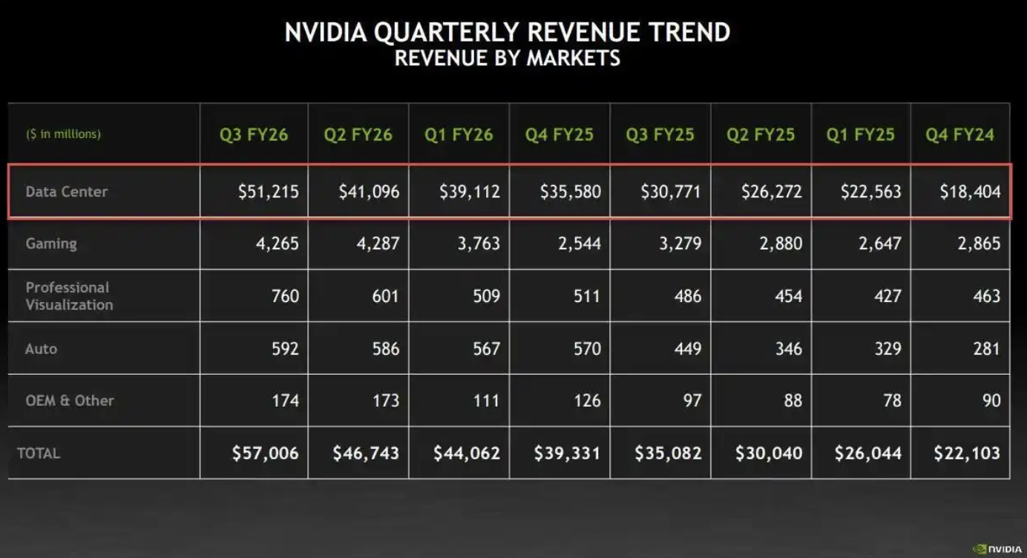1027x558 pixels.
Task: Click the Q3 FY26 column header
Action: pos(254,135)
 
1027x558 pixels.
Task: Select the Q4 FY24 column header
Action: pos(959,135)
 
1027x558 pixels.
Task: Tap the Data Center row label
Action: pos(67,191)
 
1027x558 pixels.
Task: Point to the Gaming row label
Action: pos(51,243)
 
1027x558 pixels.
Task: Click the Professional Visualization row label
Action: pos(69,296)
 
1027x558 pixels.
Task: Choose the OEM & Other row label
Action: pos(70,401)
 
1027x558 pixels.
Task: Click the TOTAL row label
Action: pos(39,453)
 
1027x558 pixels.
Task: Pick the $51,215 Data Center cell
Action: pos(269,191)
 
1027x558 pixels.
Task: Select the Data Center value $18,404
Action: pos(970,191)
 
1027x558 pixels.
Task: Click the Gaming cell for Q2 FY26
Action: pos(378,243)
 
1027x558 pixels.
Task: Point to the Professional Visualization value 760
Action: pos(285,296)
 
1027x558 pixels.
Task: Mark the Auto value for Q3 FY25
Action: pos(687,348)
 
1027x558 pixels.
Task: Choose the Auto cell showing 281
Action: pos(986,348)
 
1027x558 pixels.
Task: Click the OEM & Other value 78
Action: pos(892,401)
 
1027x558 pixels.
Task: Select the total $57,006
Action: pos(264,453)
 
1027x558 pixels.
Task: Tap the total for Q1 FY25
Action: pos(868,453)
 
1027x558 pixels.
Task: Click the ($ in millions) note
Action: pos(64,134)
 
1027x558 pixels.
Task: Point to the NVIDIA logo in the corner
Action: pos(997,549)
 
